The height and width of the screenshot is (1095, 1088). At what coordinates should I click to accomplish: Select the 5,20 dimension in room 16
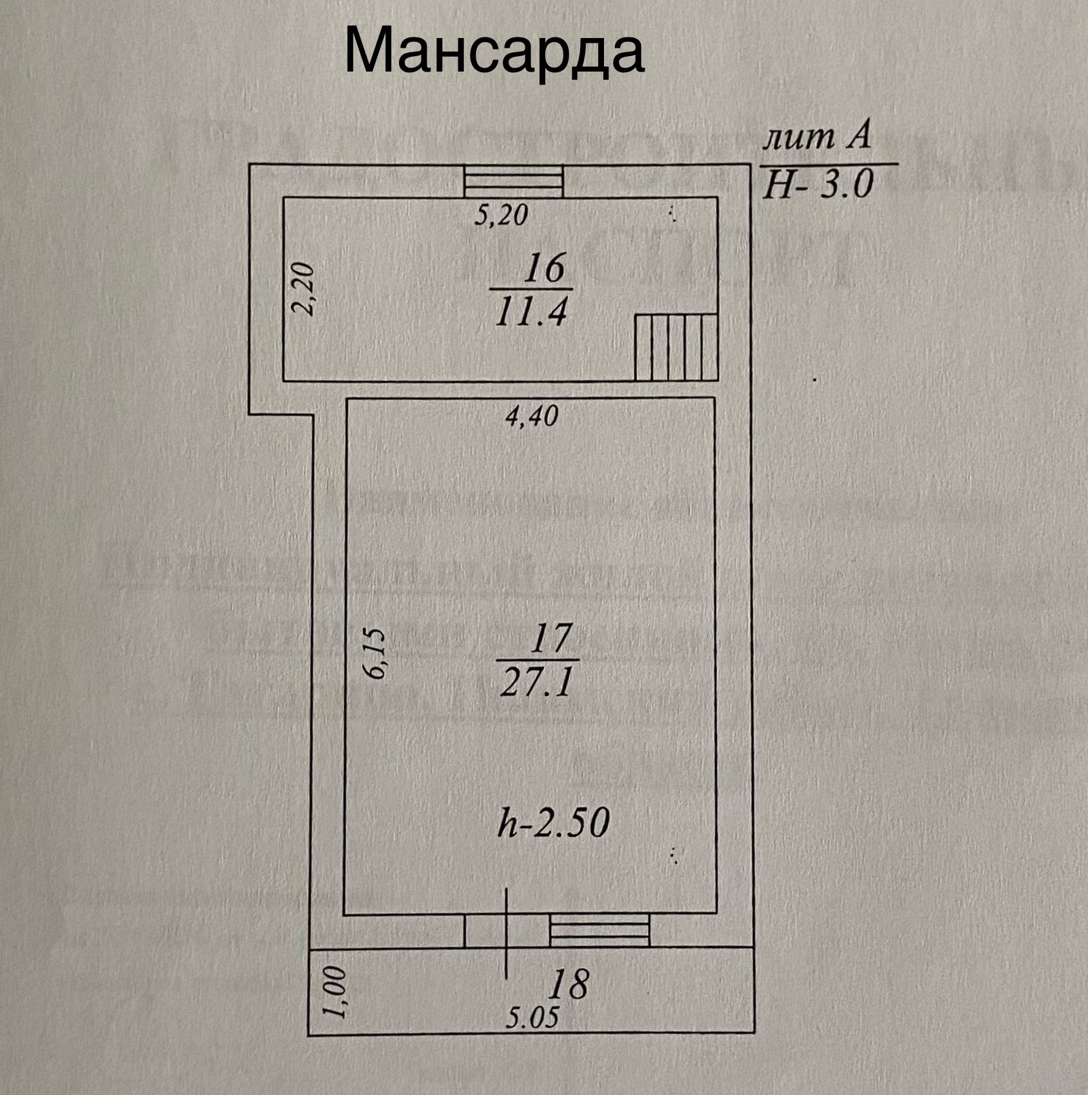click(x=501, y=214)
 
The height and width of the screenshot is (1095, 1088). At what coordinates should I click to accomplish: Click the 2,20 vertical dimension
click(x=302, y=288)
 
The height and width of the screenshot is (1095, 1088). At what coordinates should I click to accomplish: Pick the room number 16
click(x=544, y=268)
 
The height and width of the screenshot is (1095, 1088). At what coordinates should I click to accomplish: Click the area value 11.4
click(x=531, y=313)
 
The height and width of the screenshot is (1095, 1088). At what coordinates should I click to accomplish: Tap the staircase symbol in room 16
click(x=676, y=347)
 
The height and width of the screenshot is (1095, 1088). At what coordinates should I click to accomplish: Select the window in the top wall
click(x=514, y=181)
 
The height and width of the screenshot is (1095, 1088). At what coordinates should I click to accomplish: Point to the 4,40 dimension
click(x=531, y=416)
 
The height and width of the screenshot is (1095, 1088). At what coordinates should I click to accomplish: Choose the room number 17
click(x=550, y=638)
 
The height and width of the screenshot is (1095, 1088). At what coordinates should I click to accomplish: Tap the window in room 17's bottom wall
click(x=599, y=931)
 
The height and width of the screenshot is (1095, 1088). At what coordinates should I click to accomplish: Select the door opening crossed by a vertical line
click(x=507, y=931)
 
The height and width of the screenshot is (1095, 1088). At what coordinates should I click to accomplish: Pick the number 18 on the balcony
click(x=569, y=984)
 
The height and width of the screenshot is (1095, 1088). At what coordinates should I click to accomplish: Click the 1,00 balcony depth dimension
click(x=336, y=992)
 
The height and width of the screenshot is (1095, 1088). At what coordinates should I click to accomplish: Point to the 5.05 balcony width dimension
click(x=532, y=1018)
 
